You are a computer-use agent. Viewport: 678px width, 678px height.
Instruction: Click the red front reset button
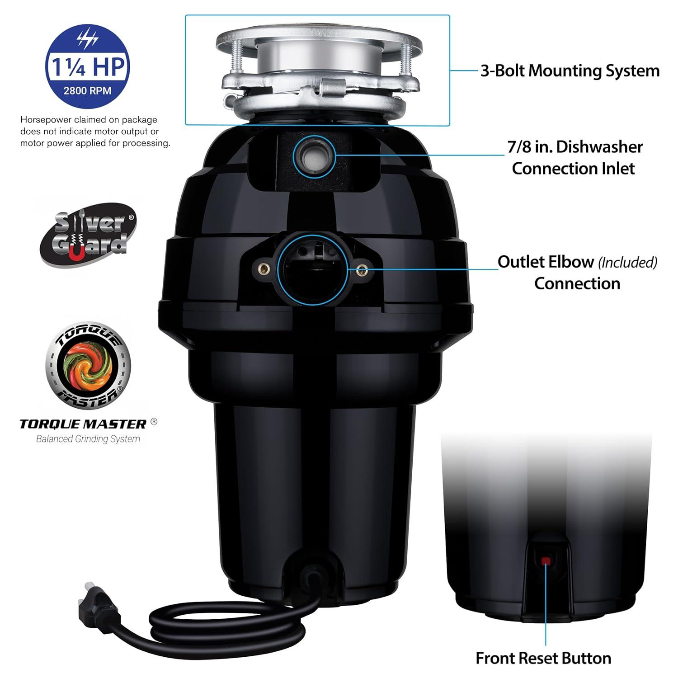coord(546,561)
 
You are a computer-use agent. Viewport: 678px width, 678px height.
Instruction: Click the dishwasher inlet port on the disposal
coord(314,156)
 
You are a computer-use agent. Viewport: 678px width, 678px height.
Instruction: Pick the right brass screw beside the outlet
coord(361,270)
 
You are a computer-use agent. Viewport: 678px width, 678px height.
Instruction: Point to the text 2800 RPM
coord(87,90)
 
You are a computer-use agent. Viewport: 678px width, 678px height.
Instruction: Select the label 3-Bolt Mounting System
coord(570,71)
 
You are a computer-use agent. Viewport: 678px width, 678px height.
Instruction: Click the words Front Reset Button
coord(543,658)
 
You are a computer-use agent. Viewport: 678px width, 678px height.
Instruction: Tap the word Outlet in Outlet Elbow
coord(520,262)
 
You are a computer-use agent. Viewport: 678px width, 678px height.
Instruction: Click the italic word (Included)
coord(627,262)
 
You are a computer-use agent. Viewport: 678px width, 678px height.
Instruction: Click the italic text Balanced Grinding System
coord(88,438)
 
